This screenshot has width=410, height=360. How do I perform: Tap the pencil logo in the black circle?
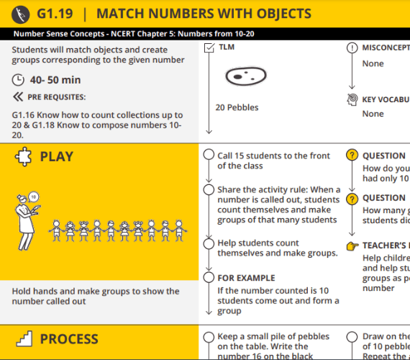click(24, 14)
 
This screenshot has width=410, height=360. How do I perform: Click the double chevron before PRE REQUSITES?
click(18, 96)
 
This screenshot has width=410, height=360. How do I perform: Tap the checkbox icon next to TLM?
click(209, 48)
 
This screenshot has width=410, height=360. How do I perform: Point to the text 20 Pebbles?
click(237, 108)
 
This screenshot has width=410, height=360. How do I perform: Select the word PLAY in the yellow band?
click(56, 157)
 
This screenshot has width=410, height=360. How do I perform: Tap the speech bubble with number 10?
click(33, 195)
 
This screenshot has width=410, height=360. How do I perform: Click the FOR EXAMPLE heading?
click(246, 278)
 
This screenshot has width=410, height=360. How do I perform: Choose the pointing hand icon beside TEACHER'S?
click(352, 246)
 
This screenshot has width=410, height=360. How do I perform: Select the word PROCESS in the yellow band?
click(69, 339)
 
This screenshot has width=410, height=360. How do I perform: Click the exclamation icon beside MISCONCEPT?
click(352, 48)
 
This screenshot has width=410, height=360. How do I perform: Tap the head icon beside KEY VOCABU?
click(352, 99)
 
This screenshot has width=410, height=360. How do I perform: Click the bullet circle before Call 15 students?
click(209, 156)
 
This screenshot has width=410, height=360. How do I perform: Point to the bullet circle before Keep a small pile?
click(209, 336)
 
